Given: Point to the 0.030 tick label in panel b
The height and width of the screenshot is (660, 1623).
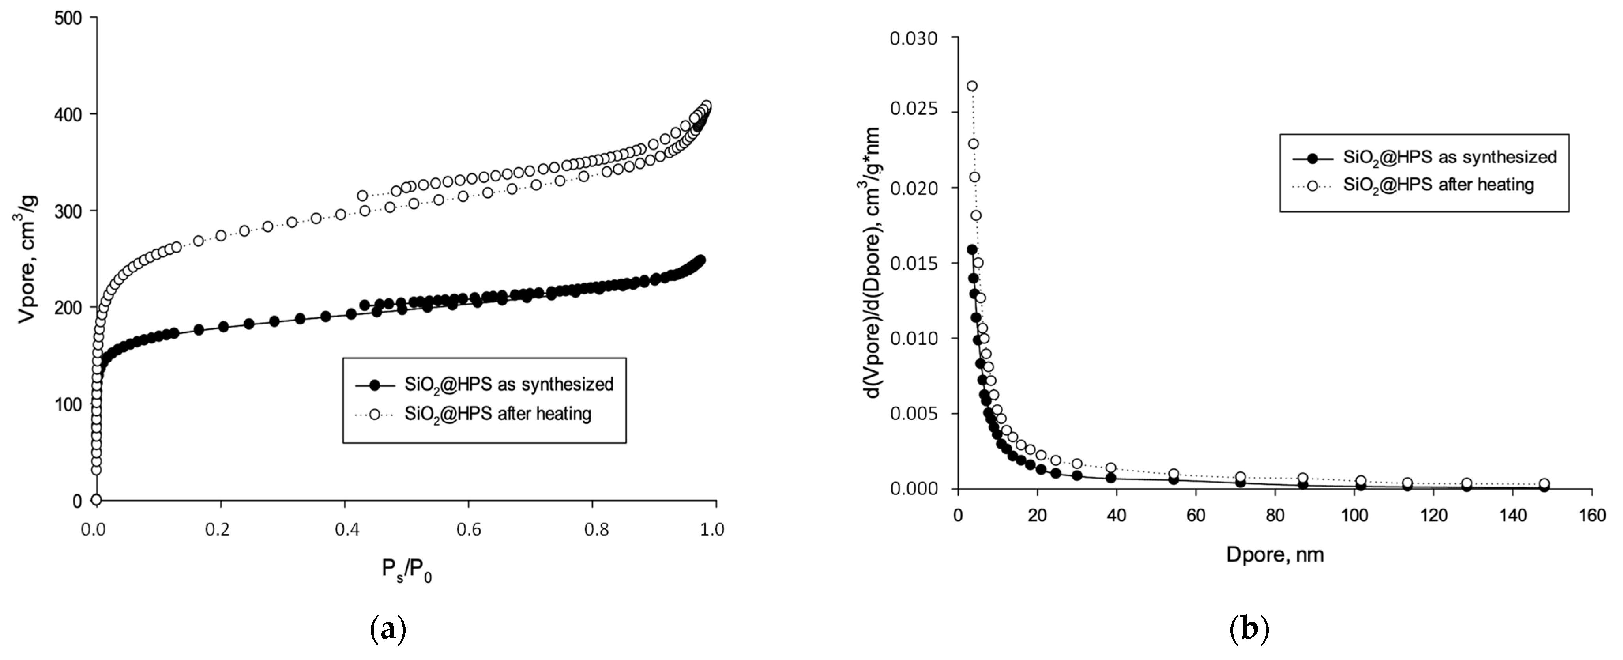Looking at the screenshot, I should (x=913, y=38).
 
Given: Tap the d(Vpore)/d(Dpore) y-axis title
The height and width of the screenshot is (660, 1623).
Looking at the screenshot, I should (x=873, y=263).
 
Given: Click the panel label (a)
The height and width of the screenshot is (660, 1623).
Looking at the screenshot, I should (x=388, y=629).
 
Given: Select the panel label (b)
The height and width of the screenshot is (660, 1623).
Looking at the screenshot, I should (x=1249, y=629).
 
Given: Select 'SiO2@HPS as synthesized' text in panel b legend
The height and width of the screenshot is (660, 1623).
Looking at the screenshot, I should (x=1449, y=157).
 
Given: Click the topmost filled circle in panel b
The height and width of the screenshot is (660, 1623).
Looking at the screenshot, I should (x=972, y=250).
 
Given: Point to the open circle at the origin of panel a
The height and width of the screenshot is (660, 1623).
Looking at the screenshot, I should (x=96, y=500).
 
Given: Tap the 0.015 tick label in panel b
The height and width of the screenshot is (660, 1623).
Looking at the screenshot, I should (x=913, y=264).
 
